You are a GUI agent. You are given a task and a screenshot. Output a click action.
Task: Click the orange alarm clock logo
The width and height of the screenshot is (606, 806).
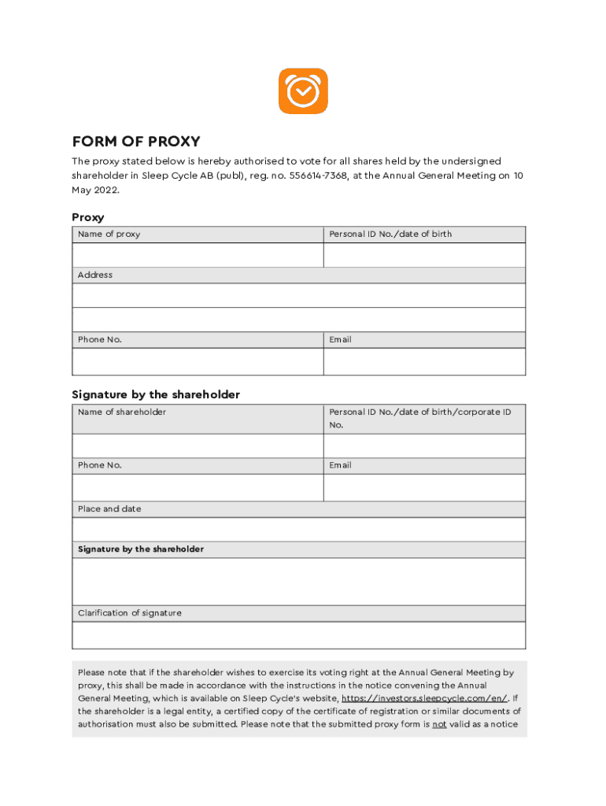303,91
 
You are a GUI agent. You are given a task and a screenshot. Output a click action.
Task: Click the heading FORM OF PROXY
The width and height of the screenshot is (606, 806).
136,142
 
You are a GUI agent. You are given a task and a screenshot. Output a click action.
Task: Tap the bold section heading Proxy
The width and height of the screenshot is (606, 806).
88,217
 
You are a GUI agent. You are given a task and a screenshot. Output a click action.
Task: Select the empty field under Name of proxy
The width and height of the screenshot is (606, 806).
198,255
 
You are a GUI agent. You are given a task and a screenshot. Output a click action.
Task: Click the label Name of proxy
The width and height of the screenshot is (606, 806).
109,235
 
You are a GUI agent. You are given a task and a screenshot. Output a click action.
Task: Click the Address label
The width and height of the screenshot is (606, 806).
95,275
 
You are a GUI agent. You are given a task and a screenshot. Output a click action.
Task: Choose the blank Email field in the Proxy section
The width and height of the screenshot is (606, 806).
424,361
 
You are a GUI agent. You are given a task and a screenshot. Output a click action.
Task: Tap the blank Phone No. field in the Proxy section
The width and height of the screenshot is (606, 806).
198,361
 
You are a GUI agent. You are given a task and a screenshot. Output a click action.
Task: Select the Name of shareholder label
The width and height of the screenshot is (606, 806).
122,412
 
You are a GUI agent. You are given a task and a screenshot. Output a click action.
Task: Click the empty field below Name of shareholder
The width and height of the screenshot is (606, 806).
198,446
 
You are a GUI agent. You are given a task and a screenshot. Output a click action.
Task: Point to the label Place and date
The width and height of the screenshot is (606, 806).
109,509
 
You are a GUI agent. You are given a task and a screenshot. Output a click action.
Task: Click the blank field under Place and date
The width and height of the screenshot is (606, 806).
298,530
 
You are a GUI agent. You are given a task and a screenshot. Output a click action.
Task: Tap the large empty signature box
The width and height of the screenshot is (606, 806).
298,581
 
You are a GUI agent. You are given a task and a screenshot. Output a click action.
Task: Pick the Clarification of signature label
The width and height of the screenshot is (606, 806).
130,613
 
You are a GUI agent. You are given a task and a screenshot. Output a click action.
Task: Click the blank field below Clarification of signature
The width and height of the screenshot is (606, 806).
298,634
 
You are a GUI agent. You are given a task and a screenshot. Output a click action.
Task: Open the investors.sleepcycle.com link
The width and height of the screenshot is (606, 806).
425,698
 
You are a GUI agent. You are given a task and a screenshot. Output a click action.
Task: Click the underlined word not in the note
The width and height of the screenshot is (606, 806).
439,724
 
